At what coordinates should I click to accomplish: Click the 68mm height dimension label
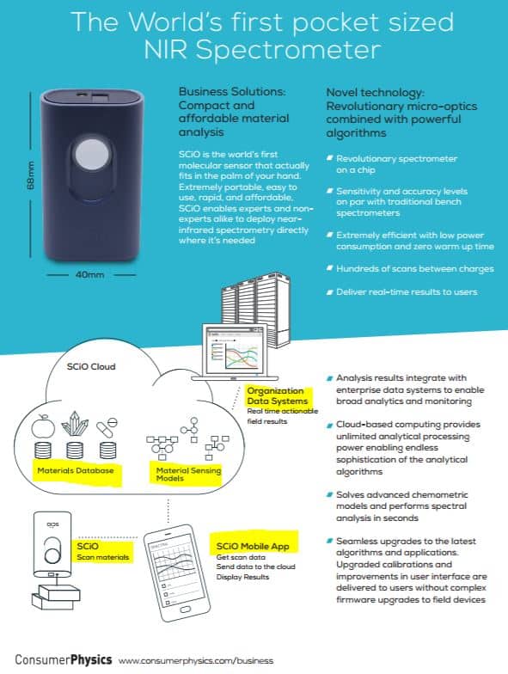pyautogui.click(x=31, y=175)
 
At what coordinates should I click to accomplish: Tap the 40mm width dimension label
pyautogui.click(x=89, y=274)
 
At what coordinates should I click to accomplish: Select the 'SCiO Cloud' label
pyautogui.click(x=91, y=366)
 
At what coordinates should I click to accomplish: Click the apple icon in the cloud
pyautogui.click(x=43, y=426)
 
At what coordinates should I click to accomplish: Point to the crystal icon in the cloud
pyautogui.click(x=75, y=424)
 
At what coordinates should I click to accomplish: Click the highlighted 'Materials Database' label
pyautogui.click(x=76, y=470)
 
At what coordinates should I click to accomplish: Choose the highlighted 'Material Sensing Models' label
pyautogui.click(x=188, y=475)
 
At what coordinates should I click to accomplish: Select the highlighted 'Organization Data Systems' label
pyautogui.click(x=278, y=395)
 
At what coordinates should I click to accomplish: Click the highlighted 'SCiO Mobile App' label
pyautogui.click(x=253, y=546)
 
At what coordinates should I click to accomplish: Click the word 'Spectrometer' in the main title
pyautogui.click(x=289, y=50)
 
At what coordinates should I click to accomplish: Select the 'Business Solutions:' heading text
pyautogui.click(x=232, y=91)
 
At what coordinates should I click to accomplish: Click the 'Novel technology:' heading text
pyautogui.click(x=375, y=93)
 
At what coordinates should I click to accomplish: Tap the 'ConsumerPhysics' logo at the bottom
pyautogui.click(x=64, y=660)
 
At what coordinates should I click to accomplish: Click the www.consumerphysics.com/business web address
pyautogui.click(x=196, y=660)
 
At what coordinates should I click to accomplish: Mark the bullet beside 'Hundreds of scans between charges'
pyautogui.click(x=330, y=268)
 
